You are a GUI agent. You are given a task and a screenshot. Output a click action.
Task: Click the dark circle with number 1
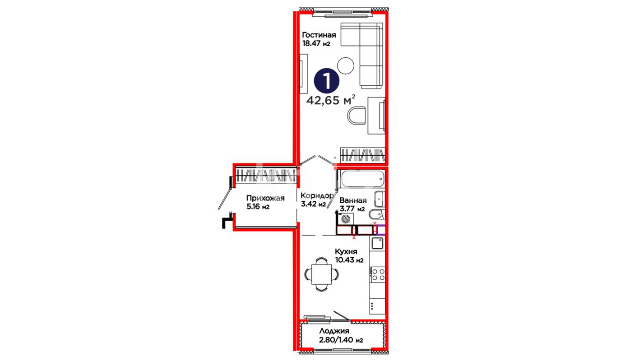[327, 81]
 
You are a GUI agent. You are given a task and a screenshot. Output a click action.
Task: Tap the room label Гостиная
[319, 35]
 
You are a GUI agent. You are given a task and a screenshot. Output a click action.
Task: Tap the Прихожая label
[265, 198]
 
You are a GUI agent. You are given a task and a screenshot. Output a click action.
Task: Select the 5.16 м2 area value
[258, 207]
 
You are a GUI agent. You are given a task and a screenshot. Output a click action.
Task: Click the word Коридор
[317, 196]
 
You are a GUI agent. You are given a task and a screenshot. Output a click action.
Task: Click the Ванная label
[353, 200]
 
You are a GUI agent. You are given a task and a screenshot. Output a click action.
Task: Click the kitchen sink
[378, 243]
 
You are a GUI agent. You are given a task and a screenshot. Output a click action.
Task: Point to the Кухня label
[346, 252]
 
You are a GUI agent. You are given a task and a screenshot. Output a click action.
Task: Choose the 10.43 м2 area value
[349, 260]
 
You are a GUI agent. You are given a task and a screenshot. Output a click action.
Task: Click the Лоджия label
[334, 331]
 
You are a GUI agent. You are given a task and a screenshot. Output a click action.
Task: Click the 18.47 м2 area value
[316, 43]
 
